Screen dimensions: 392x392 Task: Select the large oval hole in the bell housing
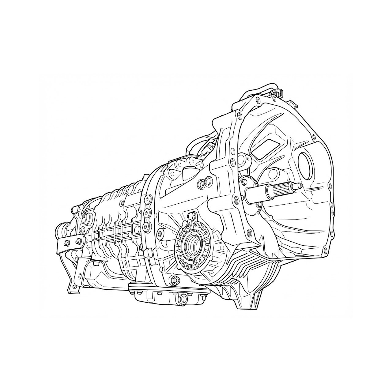(x=305, y=165)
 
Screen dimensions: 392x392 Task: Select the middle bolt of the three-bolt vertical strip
(x=146, y=213)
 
